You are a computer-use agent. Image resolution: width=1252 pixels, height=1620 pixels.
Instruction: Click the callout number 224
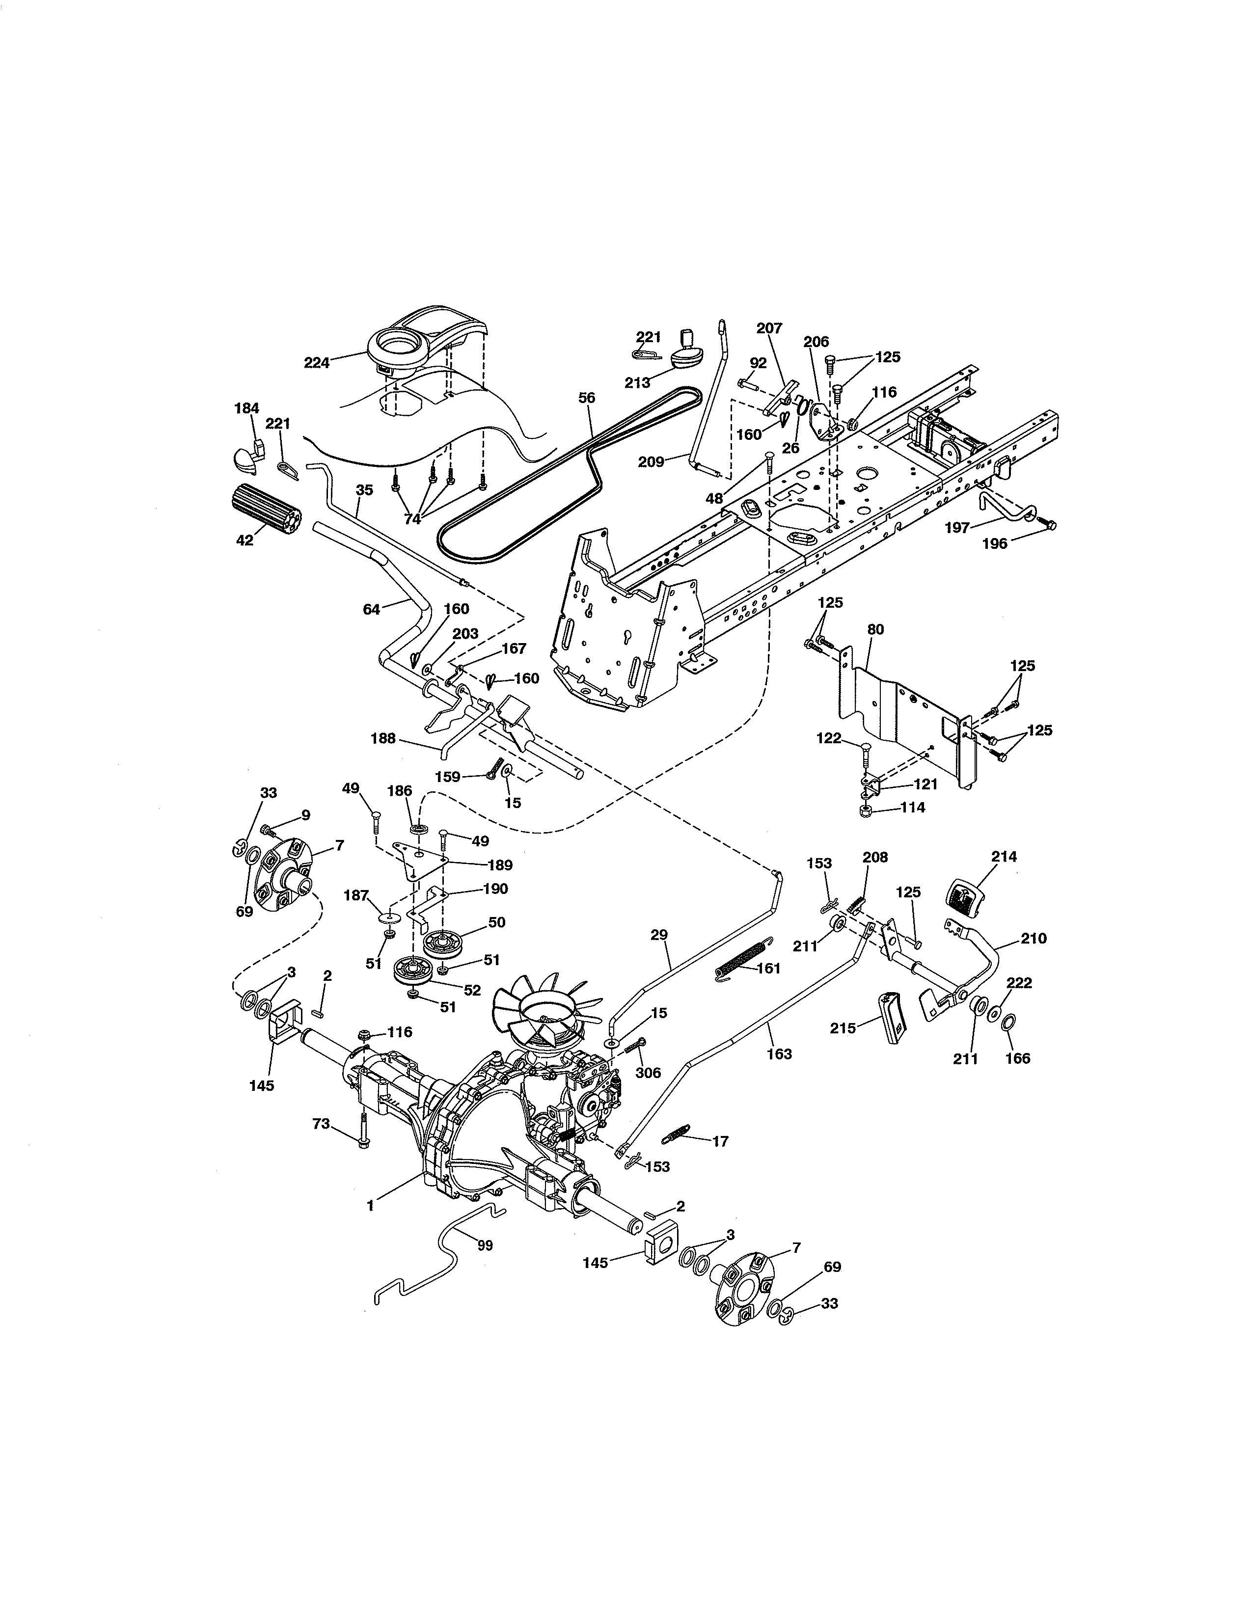(x=317, y=363)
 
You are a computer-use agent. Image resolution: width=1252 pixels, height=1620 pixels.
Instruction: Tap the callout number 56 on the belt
(x=587, y=398)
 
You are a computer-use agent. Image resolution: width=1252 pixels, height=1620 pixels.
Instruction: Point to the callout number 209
(x=651, y=461)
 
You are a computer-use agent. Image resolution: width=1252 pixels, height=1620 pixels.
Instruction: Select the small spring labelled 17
(x=680, y=1134)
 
